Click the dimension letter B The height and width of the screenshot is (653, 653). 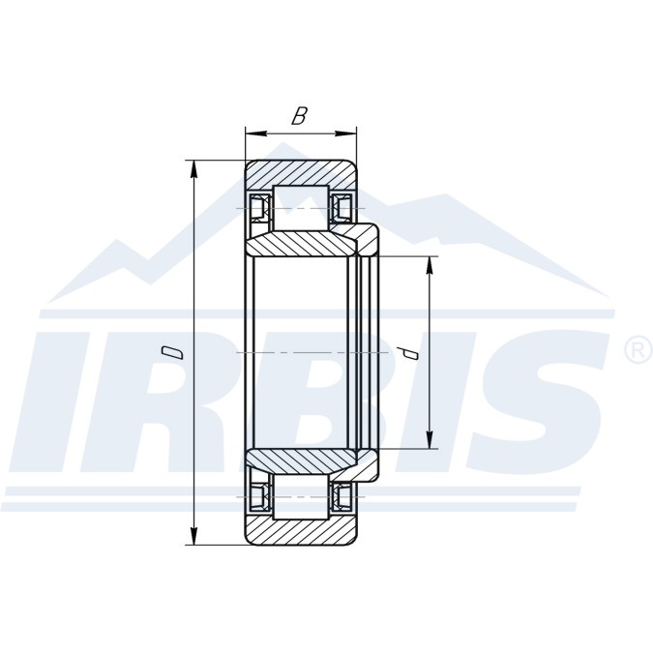point(299,116)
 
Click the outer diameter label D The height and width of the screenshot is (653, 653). point(172,352)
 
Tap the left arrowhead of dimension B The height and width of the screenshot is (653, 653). point(255,134)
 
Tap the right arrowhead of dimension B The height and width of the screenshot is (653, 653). point(346,134)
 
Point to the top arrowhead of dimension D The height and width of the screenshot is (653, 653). point(193,171)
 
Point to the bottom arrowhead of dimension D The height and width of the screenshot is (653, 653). point(193,534)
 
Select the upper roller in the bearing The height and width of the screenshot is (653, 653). point(301,207)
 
